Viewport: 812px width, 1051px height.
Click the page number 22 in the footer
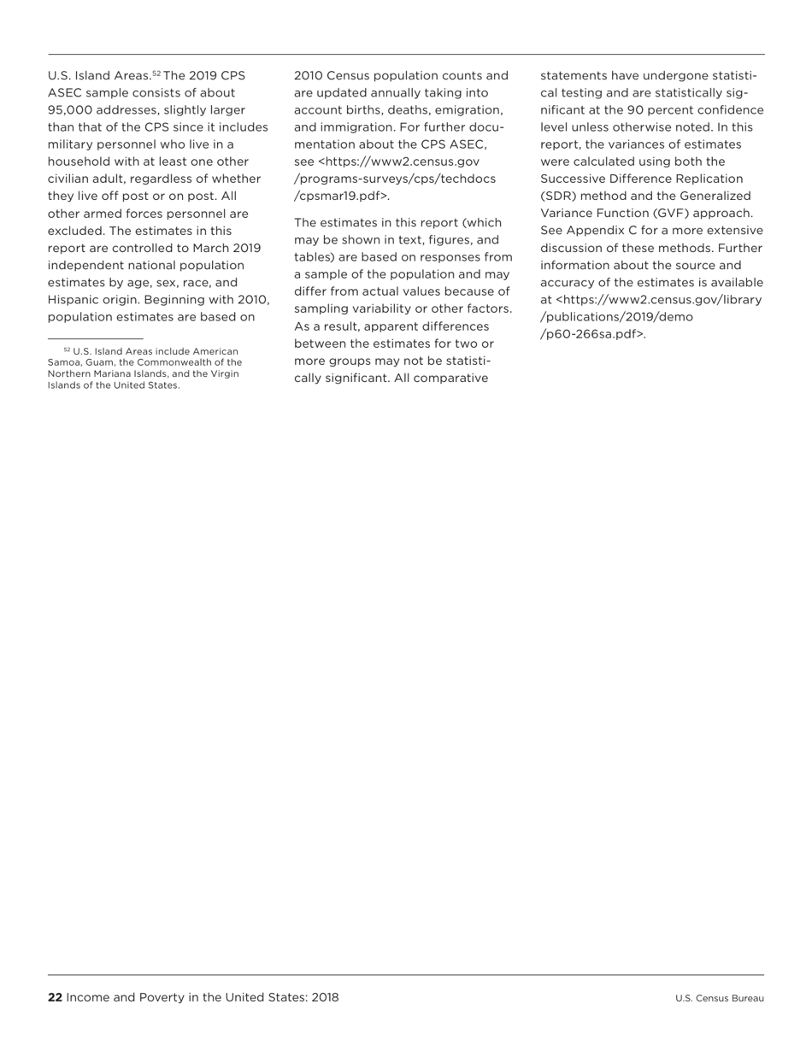tap(55, 997)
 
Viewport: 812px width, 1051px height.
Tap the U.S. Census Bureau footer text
tap(719, 998)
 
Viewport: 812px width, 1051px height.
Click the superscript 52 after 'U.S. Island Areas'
tap(156, 73)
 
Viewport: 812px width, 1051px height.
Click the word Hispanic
tap(75, 300)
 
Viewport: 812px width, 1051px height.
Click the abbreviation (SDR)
tap(559, 196)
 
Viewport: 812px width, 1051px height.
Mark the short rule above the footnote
tap(95, 339)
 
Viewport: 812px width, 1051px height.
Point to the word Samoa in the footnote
tap(63, 362)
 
